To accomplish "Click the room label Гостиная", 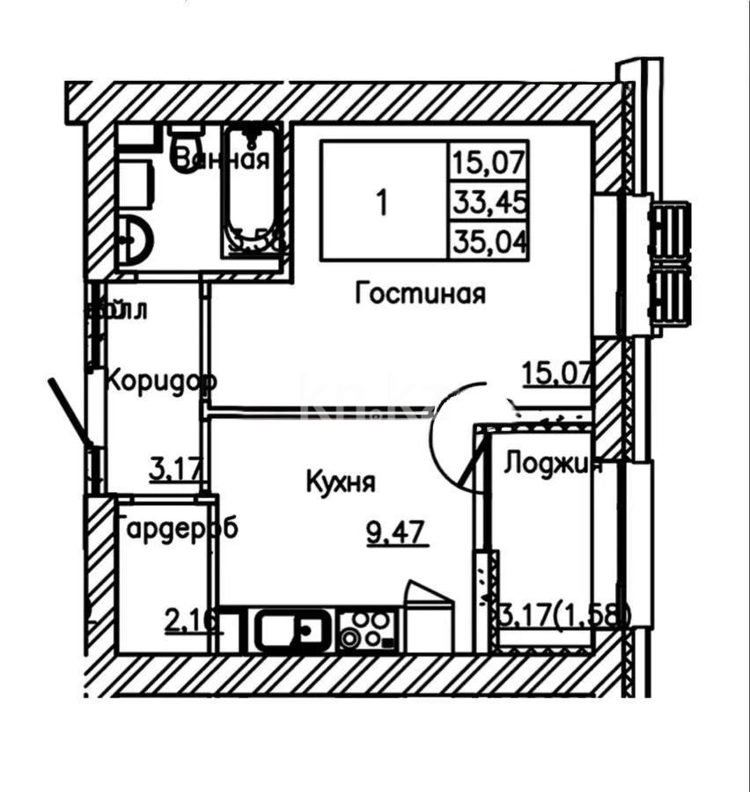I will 420,294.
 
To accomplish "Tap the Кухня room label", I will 341,482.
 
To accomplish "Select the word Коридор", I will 161,383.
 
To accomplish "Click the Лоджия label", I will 552,465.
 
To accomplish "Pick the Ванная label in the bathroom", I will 220,160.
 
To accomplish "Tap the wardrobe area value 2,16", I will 193,621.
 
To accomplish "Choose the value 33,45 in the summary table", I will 490,203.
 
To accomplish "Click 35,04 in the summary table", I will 490,241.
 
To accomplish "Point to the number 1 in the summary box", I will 381,203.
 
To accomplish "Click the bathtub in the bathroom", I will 254,189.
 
